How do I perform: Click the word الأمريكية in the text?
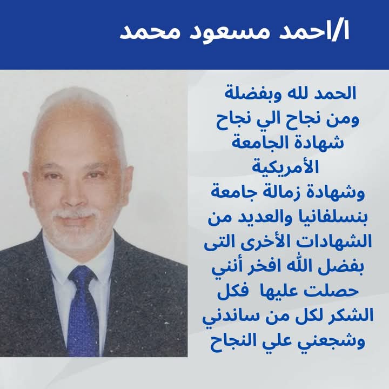coord(285,167)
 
